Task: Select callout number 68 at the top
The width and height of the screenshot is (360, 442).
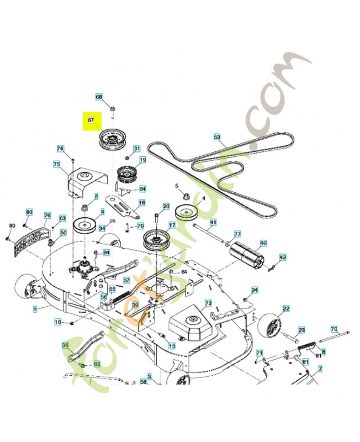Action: click(99, 97)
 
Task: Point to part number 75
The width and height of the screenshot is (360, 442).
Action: click(56, 164)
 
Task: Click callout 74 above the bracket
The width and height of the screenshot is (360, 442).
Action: click(60, 148)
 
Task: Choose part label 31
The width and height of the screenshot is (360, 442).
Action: click(136, 148)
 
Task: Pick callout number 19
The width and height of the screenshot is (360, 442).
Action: click(142, 160)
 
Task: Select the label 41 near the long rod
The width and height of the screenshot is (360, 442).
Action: click(213, 222)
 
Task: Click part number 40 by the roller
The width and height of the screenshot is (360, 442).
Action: click(263, 243)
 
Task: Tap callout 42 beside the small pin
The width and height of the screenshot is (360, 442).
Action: click(282, 257)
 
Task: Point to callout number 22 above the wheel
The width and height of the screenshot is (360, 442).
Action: click(286, 308)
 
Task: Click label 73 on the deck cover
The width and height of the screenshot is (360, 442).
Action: click(208, 303)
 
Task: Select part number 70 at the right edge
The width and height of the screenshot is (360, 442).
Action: click(333, 329)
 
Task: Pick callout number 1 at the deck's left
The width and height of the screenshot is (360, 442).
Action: click(35, 308)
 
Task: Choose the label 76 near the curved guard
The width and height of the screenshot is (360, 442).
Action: click(47, 215)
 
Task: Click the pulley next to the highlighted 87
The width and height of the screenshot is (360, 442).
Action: click(111, 141)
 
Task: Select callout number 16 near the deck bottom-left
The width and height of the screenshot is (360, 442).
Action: click(58, 322)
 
